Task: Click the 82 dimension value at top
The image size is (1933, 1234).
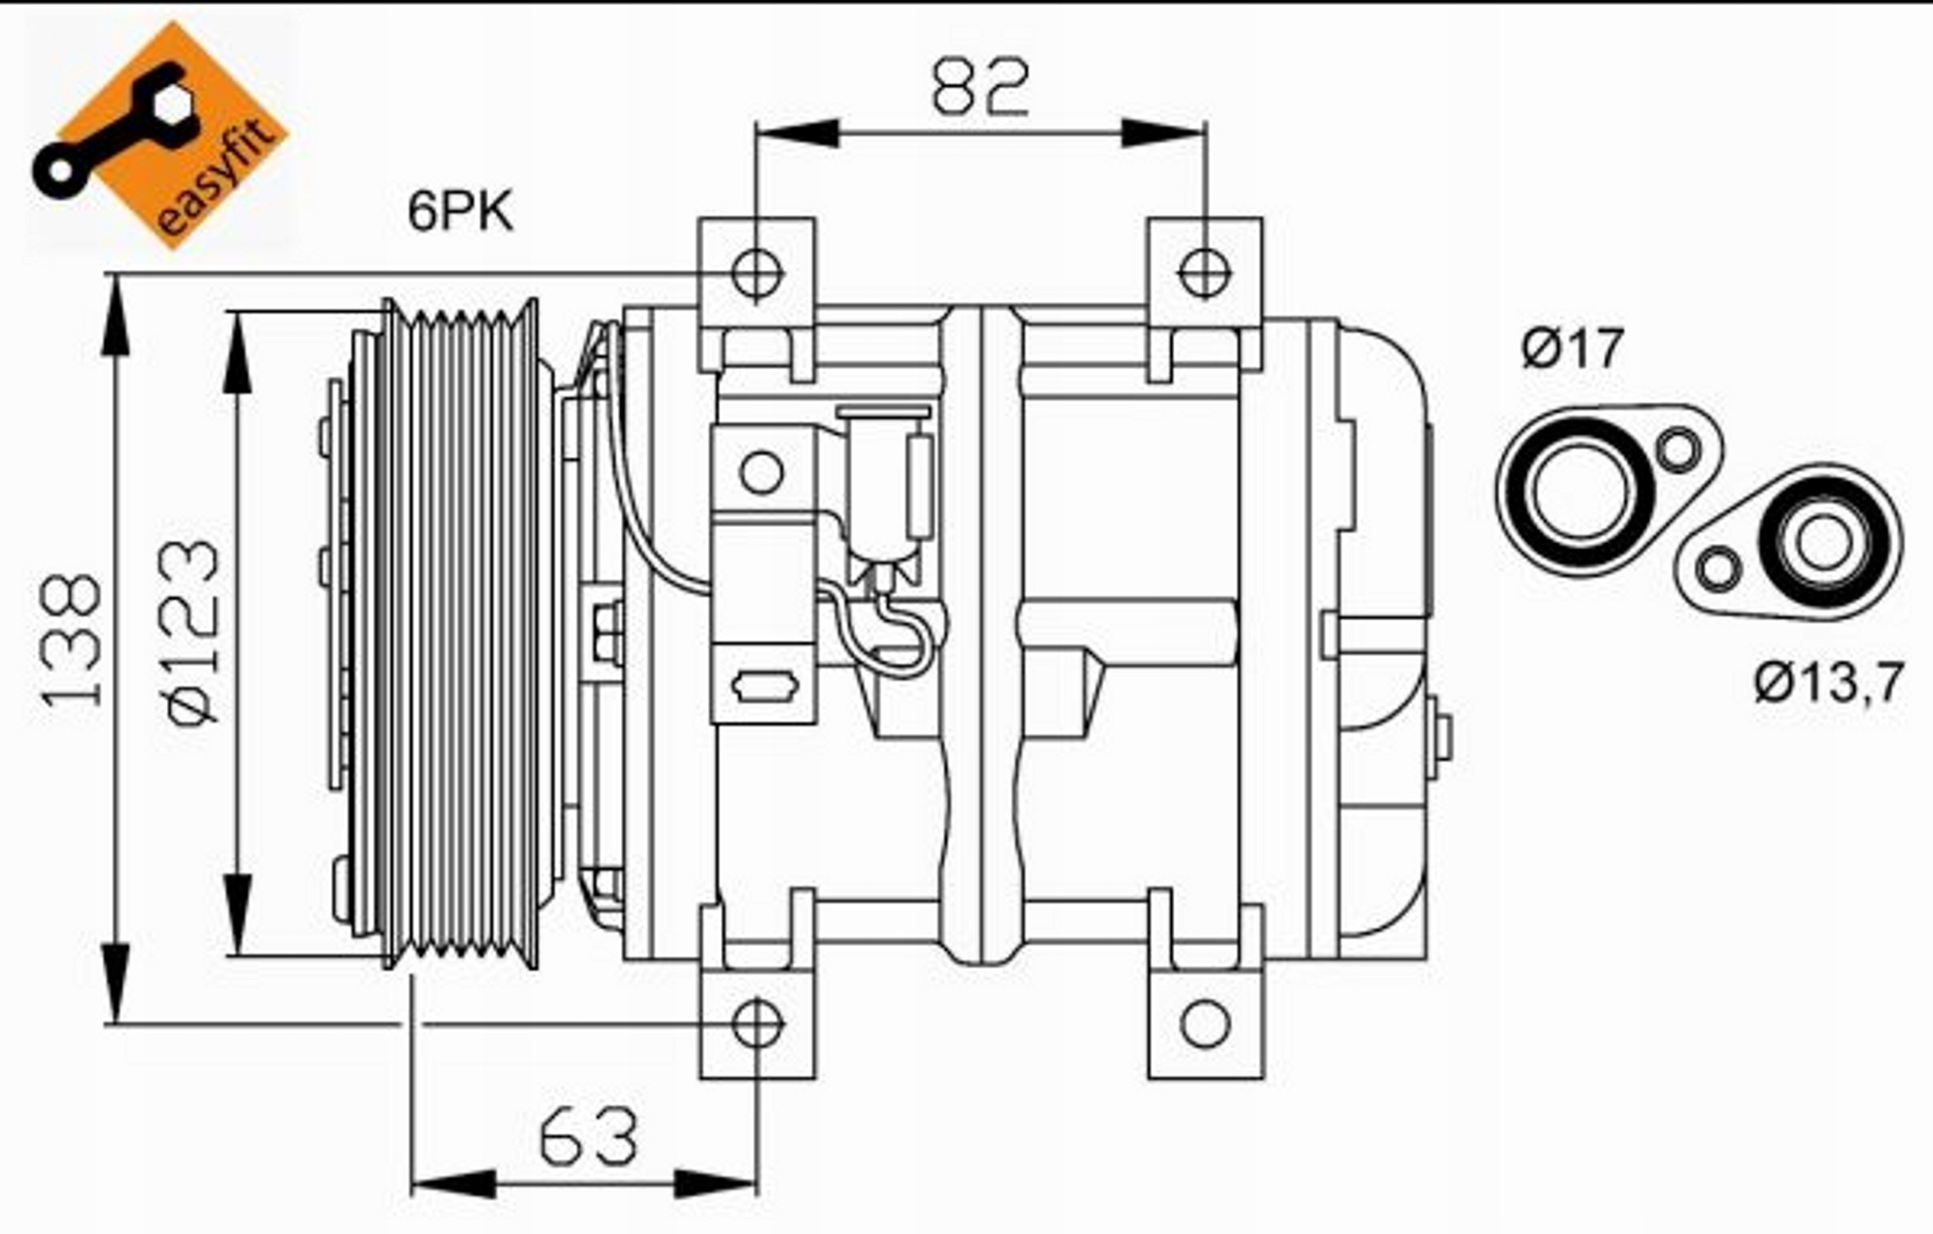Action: [x=980, y=87]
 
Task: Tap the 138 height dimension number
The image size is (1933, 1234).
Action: [x=71, y=639]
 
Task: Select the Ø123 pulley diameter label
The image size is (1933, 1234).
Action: [x=195, y=632]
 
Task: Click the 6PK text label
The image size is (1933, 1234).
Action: [x=461, y=211]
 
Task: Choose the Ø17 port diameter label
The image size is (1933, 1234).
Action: [x=1572, y=347]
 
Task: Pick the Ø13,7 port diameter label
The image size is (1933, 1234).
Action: [x=1829, y=682]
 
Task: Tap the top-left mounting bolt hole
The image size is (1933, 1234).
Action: [x=757, y=272]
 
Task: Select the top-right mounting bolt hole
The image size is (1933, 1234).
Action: [x=1204, y=272]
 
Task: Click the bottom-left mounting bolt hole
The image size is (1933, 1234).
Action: [x=757, y=1023]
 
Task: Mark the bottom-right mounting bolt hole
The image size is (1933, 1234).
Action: [x=1205, y=1023]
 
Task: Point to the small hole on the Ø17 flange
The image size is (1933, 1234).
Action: [x=1679, y=449]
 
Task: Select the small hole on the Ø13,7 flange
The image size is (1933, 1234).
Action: [x=1719, y=569]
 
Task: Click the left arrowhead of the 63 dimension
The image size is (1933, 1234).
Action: [x=454, y=1183]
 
